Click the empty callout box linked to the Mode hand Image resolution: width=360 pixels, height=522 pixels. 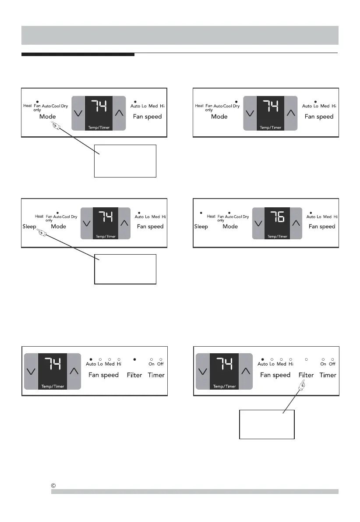(x=125, y=161)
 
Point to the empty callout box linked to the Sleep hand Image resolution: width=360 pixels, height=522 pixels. (x=125, y=269)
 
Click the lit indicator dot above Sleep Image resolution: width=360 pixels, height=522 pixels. (x=201, y=213)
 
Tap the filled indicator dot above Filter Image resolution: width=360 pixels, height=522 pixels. (x=134, y=359)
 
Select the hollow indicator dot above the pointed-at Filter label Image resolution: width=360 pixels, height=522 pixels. (x=306, y=359)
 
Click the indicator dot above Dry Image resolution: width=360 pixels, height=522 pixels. (x=236, y=101)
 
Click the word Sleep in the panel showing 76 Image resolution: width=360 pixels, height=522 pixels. (x=201, y=227)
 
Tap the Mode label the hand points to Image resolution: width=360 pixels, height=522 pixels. (x=48, y=117)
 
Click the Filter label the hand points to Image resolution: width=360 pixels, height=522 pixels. (x=306, y=375)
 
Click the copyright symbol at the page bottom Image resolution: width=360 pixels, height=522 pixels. (x=53, y=486)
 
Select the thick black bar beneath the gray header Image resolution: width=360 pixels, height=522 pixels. (x=78, y=55)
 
